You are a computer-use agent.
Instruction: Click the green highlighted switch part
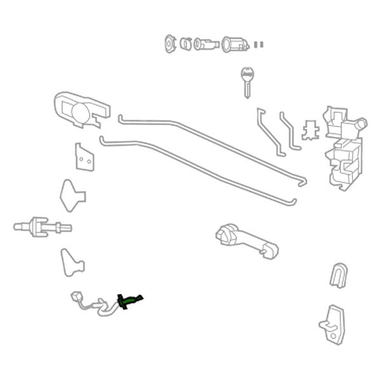click(x=130, y=301)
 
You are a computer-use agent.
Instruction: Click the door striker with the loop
click(x=332, y=324)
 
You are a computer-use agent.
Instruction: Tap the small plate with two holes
click(x=84, y=158)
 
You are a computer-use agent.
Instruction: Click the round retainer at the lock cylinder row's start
click(x=170, y=43)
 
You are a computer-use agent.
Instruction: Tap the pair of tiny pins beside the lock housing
click(x=258, y=44)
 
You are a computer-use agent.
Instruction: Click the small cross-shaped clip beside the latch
click(x=311, y=129)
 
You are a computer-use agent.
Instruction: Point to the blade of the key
click(x=246, y=89)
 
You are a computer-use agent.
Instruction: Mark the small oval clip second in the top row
click(x=186, y=44)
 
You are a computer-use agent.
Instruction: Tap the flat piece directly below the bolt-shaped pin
click(x=71, y=262)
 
